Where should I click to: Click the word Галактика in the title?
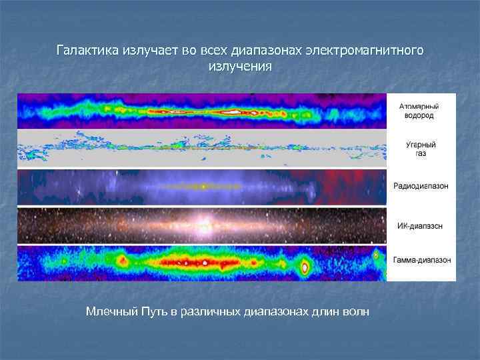tap(87, 51)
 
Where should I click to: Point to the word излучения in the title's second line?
tap(240, 67)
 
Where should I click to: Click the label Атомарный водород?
tap(419, 111)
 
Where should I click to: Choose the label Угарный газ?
tap(419, 148)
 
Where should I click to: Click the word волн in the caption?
tap(353, 311)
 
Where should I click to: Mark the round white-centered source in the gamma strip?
tap(305, 268)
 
